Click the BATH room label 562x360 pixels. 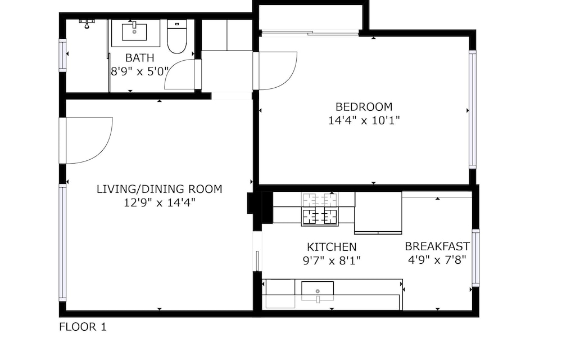tap(140, 58)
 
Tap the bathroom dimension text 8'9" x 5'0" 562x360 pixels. tap(139, 71)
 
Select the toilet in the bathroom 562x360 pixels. tap(177, 37)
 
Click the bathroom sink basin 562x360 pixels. tap(134, 31)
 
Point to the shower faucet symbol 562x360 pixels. tap(87, 24)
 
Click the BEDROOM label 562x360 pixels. tap(364, 107)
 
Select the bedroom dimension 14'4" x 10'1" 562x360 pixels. tap(364, 120)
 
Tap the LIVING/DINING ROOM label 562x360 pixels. tap(160, 189)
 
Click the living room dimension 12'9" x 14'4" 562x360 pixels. tap(160, 202)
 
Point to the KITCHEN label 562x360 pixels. tap(332, 247)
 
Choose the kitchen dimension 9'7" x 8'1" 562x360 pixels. tap(332, 260)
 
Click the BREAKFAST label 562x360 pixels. tap(437, 246)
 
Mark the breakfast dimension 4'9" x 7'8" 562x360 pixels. tap(437, 260)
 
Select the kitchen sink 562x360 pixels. tap(318, 291)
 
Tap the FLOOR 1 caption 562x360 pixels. tap(83, 327)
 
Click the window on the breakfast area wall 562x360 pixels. tap(475, 258)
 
